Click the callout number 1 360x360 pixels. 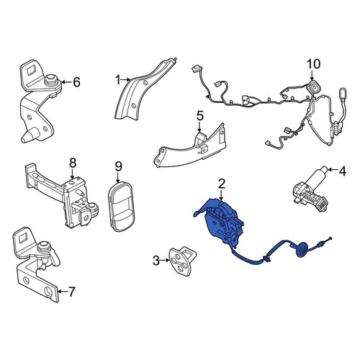pos(117,80)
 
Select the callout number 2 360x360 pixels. pos(222,184)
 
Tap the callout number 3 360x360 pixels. pos(156,261)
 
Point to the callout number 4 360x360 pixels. pos(343,171)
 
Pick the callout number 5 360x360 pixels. pos(200,116)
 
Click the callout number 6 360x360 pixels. pos(76,82)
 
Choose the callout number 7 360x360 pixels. pos(72,292)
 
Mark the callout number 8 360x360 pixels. pos(73,163)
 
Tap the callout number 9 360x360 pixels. pos(119,166)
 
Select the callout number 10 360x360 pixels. pos(314,64)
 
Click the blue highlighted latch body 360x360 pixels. pos(222,222)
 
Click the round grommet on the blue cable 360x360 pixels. pos(301,250)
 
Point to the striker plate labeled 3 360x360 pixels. pos(182,261)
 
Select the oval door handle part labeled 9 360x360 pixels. pos(121,207)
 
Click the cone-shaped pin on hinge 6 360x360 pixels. pos(30,136)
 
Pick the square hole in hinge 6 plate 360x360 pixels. pos(32,71)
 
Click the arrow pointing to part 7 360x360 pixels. pos(63,292)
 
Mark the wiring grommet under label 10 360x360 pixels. pos(312,88)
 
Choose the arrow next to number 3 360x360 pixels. pos(165,260)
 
